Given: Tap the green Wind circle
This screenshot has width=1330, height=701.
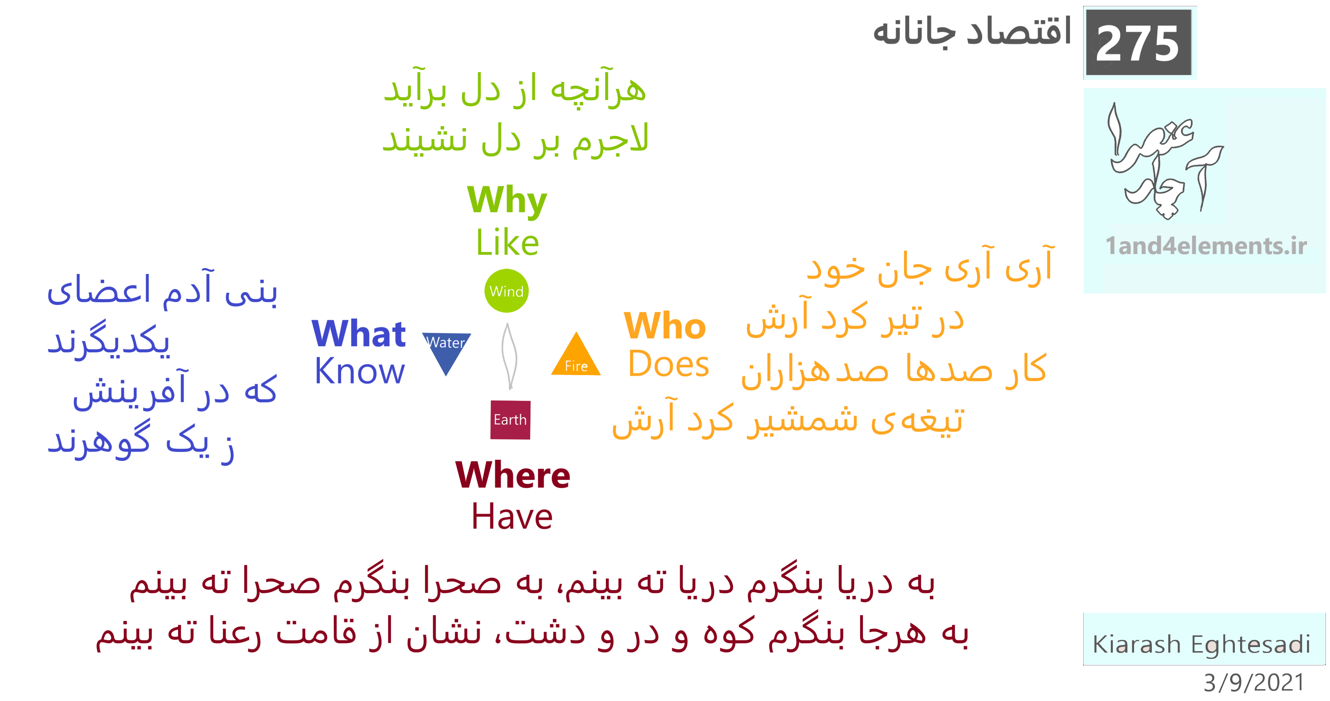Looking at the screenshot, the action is pos(506,291).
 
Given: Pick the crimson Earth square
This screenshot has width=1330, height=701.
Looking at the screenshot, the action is pos(510,420).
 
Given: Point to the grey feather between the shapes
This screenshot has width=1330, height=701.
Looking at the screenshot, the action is pos(509,356).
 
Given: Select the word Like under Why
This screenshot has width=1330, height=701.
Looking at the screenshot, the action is pos(507,242).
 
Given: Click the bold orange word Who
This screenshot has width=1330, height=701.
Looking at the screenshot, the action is pos(665,326).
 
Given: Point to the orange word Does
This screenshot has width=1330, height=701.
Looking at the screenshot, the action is pos(668,364).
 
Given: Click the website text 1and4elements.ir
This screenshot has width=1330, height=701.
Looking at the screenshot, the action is pos(1206,246).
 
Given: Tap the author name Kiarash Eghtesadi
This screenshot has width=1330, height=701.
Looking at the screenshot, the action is pos(1201,644).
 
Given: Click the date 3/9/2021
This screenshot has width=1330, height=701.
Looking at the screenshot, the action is pos(1254,683).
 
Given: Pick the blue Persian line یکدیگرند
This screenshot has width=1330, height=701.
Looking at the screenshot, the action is pos(108,340).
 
